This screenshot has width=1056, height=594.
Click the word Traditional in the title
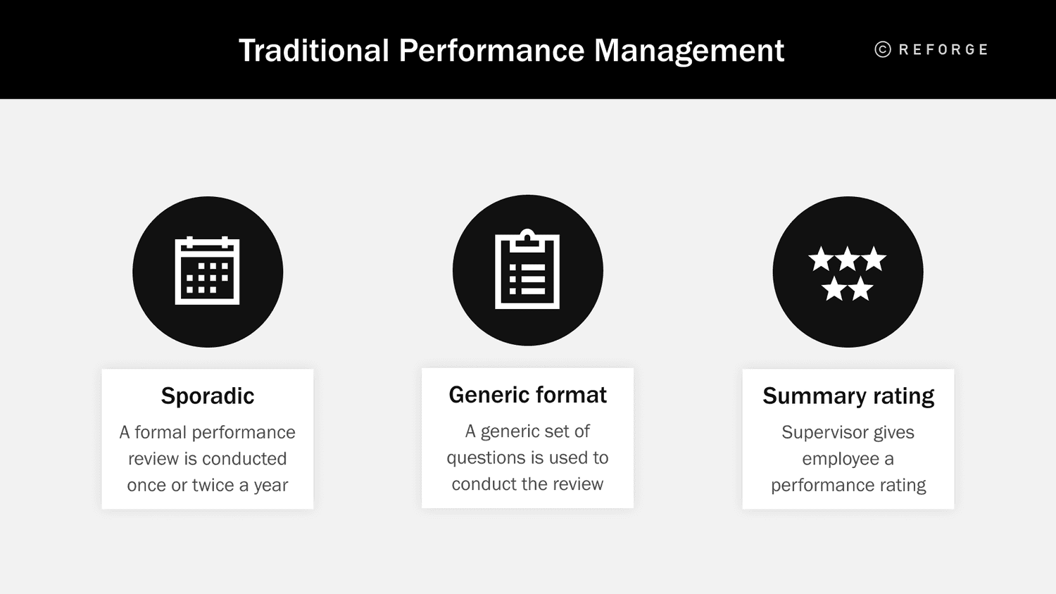(x=314, y=51)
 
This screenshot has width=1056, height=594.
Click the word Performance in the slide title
(x=491, y=51)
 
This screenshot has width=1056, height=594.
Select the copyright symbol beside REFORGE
(x=883, y=49)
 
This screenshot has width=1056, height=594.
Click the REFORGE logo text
(x=943, y=49)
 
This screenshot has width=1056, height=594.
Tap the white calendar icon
(x=207, y=271)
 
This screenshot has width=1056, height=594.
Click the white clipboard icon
(x=527, y=270)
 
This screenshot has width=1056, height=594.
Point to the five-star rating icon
(x=848, y=272)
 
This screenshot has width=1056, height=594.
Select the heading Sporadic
(x=208, y=396)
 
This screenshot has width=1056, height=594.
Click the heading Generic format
(x=527, y=395)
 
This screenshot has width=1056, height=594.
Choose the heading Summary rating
(x=848, y=396)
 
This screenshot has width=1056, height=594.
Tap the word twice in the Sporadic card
(x=213, y=485)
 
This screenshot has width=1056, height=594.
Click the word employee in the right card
(x=841, y=459)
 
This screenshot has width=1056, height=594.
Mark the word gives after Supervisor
(x=894, y=432)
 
